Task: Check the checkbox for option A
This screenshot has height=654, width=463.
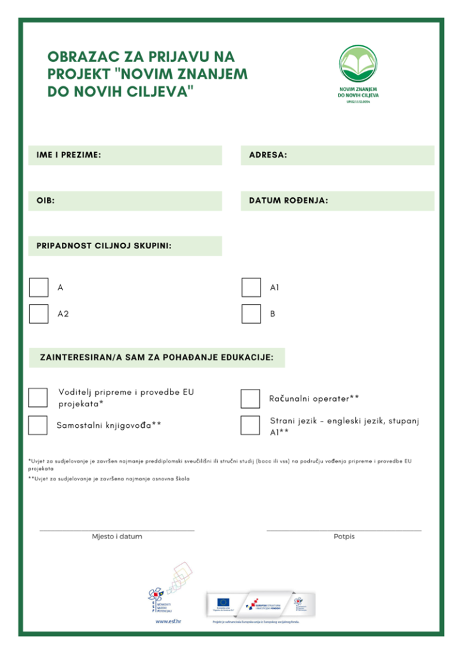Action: tap(39, 287)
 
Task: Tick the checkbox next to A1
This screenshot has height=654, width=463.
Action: tap(251, 287)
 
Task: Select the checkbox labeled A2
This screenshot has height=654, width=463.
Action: tap(39, 314)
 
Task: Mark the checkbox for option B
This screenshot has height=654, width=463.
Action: tap(251, 314)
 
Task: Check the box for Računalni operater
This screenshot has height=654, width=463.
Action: tap(250, 399)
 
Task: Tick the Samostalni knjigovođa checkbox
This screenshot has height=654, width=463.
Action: tap(38, 425)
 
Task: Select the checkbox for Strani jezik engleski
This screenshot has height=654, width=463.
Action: tap(250, 425)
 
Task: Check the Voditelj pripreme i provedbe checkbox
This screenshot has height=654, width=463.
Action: tap(38, 397)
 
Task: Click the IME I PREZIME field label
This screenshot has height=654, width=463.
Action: tap(69, 155)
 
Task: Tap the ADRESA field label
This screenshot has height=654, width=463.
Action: tap(268, 155)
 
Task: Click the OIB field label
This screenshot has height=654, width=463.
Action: tap(45, 201)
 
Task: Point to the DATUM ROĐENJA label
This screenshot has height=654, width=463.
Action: tap(288, 201)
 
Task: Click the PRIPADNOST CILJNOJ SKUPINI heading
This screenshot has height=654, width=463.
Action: tap(104, 246)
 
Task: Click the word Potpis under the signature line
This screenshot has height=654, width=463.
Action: tap(344, 536)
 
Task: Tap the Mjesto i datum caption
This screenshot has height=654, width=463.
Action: tap(117, 536)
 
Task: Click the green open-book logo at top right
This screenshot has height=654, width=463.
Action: tap(358, 66)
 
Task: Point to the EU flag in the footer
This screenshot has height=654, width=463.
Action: tap(224, 602)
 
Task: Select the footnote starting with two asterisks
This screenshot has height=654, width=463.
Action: tap(109, 478)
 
